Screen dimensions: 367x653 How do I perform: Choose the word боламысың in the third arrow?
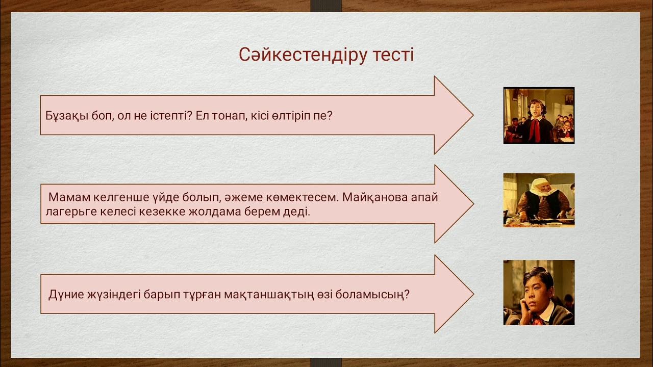371,295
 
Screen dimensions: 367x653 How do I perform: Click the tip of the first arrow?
472,115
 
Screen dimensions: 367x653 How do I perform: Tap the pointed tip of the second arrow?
472,204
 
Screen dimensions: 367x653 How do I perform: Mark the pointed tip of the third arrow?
472,294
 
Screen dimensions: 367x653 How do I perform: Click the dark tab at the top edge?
326,6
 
